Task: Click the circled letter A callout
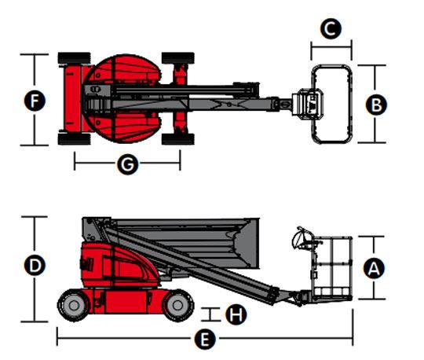(x=374, y=268)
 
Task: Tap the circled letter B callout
(x=376, y=105)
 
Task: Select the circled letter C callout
(x=331, y=29)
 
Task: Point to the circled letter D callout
(x=35, y=265)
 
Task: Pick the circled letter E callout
(x=205, y=339)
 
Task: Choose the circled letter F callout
(x=35, y=101)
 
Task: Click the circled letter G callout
(x=128, y=164)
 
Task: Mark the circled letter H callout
(x=236, y=314)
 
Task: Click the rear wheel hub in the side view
(x=74, y=305)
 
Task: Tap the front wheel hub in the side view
(x=177, y=305)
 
